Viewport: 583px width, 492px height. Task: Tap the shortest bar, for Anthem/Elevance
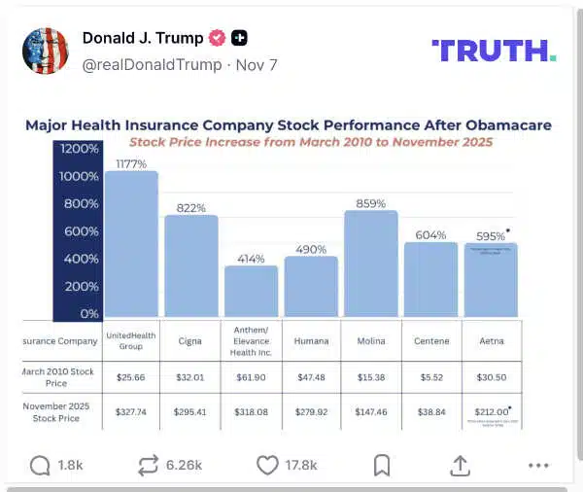pos(251,293)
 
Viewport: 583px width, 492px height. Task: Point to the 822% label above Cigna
pos(191,208)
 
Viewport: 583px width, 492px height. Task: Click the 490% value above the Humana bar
pos(311,249)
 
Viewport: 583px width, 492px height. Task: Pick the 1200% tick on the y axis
pos(80,150)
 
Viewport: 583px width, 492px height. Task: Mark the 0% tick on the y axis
pos(88,314)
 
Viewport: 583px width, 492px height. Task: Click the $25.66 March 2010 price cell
pos(131,376)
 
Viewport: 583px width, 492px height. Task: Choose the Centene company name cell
pos(430,341)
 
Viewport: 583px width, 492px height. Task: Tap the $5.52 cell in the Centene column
pos(430,376)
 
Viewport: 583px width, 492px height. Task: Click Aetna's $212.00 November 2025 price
pos(490,412)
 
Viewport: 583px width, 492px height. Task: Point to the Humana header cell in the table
pos(311,341)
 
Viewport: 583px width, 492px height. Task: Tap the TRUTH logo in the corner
pos(493,51)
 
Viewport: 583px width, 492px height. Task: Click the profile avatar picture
pos(45,52)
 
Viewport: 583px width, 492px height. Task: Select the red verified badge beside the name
pos(218,38)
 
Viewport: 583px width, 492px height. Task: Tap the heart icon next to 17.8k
pos(268,465)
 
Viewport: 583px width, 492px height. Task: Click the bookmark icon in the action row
pos(382,465)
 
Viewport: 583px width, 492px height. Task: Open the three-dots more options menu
pos(538,465)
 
